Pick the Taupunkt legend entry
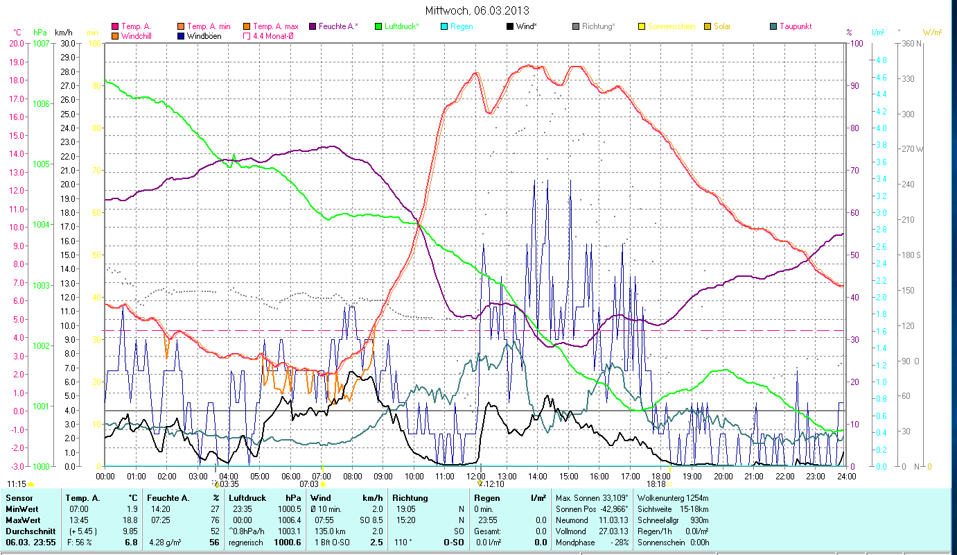click(795, 26)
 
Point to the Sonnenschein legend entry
click(671, 26)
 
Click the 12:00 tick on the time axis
click(476, 477)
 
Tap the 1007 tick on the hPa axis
click(41, 43)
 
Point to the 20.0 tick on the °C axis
click(17, 43)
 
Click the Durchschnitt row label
click(27, 531)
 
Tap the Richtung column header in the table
click(410, 498)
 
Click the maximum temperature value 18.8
click(130, 520)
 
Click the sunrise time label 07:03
click(308, 484)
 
